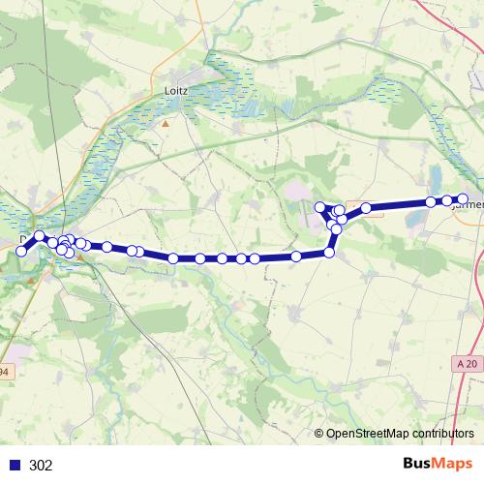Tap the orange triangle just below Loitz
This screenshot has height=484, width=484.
166,123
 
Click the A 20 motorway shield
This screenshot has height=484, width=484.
467,363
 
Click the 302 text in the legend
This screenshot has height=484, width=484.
41,466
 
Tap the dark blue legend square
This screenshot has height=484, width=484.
15,466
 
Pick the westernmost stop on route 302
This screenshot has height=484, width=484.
21,252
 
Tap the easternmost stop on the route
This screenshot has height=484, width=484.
463,199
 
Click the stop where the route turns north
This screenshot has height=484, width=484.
329,253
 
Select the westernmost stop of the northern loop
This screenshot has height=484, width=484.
319,206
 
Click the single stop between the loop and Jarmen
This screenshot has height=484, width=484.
366,208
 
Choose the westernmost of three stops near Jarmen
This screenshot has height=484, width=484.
431,202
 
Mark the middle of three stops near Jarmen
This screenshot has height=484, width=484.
447,200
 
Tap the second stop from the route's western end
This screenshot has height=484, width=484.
39,236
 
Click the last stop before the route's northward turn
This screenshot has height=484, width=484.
296,257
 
